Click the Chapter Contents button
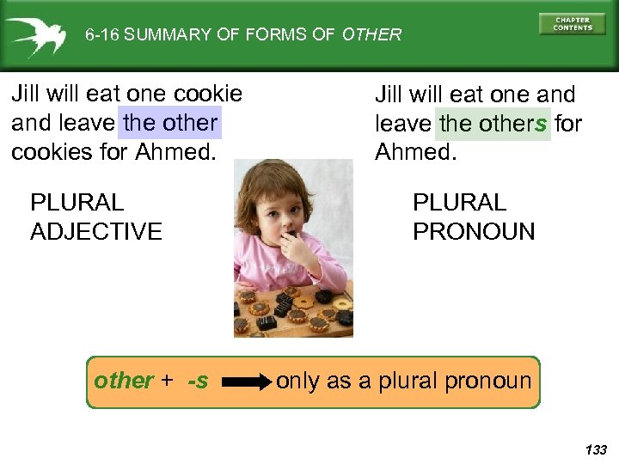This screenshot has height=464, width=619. tap(573, 23)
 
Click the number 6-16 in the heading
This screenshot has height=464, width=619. tap(102, 35)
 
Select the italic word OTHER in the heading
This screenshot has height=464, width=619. tap(371, 35)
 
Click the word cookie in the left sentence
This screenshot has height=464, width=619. tap(211, 93)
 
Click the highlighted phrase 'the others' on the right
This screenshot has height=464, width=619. tap(493, 124)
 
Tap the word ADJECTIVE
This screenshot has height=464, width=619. tap(96, 231)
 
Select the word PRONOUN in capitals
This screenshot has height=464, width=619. tap(474, 231)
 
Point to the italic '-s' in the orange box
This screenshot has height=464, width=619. tap(198, 381)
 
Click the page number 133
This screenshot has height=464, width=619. tap(595, 449)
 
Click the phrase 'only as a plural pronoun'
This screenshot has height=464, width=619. tap(404, 381)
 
